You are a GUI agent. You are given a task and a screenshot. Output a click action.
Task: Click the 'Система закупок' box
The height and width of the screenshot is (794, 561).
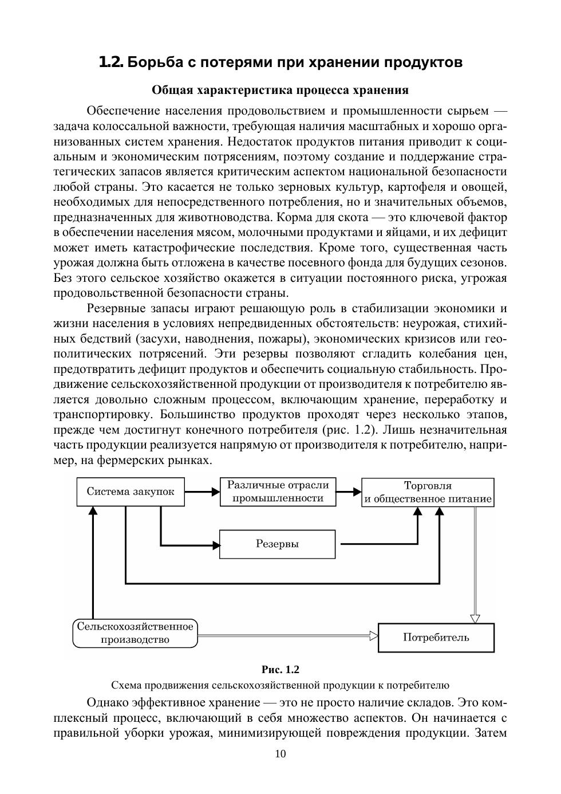pos(131,492)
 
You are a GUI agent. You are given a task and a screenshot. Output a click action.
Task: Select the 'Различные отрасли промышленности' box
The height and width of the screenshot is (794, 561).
pos(278,492)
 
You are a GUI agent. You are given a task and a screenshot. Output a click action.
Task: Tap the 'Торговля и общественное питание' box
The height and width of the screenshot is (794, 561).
pos(428,492)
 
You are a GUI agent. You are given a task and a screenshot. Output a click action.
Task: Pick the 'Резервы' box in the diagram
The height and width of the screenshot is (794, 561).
pos(277,544)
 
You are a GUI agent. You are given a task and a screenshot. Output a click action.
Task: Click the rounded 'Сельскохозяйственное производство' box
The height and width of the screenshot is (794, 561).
pos(135,633)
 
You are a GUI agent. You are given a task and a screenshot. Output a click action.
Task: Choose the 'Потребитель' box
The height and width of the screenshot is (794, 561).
pos(436,637)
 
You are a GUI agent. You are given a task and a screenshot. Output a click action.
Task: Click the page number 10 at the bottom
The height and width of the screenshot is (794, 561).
pos(280,754)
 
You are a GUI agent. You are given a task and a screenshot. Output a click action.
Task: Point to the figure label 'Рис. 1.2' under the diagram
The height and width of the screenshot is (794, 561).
pos(280,670)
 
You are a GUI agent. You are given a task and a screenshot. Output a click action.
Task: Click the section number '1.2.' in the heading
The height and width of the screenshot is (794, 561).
pos(111,62)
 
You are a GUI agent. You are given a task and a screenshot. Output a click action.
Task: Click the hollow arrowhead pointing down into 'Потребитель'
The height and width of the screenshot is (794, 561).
pos(475,618)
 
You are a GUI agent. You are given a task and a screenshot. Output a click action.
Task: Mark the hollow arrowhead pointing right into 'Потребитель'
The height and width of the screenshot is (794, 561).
pos(374,635)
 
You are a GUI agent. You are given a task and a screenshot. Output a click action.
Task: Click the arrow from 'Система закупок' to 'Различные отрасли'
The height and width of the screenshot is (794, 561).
pos(203,492)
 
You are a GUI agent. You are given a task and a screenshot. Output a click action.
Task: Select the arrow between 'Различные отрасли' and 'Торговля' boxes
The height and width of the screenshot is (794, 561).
pos(349,492)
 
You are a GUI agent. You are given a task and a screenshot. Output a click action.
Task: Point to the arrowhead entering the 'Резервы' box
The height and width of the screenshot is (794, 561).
pos(216,544)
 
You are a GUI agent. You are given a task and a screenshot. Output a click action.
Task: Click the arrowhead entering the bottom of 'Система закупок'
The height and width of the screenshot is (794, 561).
pos(92,511)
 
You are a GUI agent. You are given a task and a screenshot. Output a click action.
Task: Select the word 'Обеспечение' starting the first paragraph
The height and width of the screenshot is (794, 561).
pos(121,111)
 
